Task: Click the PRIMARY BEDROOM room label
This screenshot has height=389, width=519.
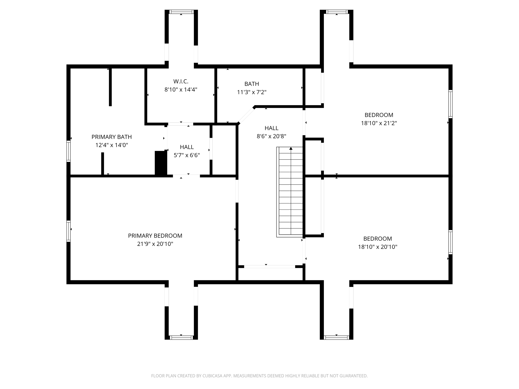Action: point(155,236)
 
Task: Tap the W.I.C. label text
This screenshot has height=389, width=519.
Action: point(181,81)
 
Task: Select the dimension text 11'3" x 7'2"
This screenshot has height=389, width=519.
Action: point(252,92)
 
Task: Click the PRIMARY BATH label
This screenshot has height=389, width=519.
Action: point(112,137)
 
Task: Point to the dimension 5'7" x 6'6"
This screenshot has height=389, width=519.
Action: point(187,155)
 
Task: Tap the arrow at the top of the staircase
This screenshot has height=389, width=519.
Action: point(291,149)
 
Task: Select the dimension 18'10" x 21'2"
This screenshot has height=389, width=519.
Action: point(379,123)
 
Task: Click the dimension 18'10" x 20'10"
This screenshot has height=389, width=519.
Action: point(378,247)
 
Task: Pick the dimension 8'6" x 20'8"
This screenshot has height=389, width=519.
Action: point(271,136)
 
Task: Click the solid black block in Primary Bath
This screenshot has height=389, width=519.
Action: point(160,163)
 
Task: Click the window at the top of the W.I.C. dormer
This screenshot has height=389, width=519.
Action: point(181,12)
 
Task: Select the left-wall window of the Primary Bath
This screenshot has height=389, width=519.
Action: point(68,151)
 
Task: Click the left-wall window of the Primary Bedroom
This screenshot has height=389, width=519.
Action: point(68,231)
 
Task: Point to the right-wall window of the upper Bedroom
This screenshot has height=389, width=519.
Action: point(450,104)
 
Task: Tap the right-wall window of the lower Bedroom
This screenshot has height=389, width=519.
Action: point(450,242)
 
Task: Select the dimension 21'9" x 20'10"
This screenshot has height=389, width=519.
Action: point(155,244)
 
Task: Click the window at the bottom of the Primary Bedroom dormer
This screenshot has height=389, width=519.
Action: point(181,337)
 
